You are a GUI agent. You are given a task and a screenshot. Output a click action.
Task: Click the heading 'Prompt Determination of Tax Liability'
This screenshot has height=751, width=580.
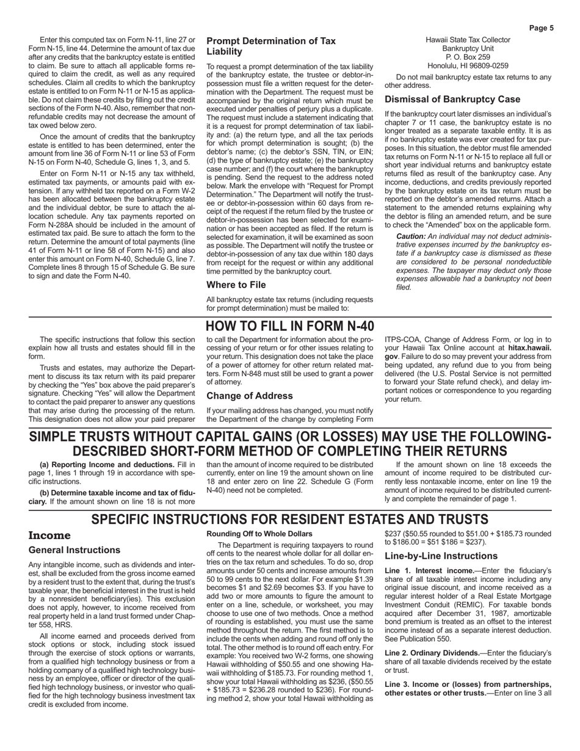(271, 46)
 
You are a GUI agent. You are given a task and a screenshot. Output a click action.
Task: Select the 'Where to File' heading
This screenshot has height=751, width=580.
(236, 285)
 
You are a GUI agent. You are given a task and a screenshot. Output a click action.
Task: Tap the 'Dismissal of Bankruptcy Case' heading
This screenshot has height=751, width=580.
(452, 99)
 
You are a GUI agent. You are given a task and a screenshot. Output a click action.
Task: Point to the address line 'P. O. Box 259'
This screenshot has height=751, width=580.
(468, 57)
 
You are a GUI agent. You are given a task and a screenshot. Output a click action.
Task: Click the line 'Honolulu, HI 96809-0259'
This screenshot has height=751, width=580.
(468, 65)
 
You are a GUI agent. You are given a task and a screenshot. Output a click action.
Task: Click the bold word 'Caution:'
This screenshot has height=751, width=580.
(413, 236)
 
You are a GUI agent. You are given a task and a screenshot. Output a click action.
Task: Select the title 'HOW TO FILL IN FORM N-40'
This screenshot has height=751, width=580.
(290, 327)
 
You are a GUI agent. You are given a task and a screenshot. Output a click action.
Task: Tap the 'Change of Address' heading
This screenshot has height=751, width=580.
(249, 396)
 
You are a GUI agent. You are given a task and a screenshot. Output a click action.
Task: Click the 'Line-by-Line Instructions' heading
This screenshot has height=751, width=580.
(442, 556)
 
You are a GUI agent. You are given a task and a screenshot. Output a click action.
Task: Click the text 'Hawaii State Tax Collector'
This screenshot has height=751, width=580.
(468, 40)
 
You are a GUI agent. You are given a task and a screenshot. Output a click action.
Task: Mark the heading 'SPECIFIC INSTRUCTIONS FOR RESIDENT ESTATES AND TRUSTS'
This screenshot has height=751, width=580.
(290, 519)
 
